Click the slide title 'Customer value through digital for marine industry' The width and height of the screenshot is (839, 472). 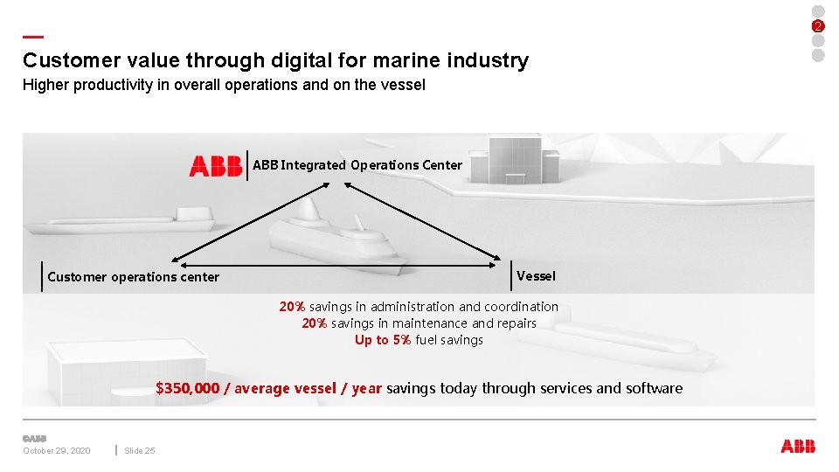pyautogui.click(x=275, y=60)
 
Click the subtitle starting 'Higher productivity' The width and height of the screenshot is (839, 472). pyautogui.click(x=224, y=86)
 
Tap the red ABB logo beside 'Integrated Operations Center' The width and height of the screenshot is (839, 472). pyautogui.click(x=215, y=165)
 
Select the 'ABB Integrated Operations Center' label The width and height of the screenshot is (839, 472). pyautogui.click(x=357, y=164)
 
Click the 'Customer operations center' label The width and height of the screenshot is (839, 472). pyautogui.click(x=133, y=277)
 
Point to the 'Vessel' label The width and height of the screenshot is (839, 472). pyautogui.click(x=536, y=276)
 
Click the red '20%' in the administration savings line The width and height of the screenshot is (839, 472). pyautogui.click(x=292, y=307)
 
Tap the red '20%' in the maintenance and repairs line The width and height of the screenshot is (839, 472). pyautogui.click(x=315, y=323)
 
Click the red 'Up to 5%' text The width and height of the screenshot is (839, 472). pyautogui.click(x=383, y=340)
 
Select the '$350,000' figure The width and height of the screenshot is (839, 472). pyautogui.click(x=187, y=388)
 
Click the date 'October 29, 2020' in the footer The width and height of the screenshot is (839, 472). pyautogui.click(x=56, y=450)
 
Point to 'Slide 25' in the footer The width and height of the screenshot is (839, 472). pyautogui.click(x=140, y=450)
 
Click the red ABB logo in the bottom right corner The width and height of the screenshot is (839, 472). pyautogui.click(x=797, y=446)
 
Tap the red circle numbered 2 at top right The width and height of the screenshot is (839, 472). pyautogui.click(x=818, y=25)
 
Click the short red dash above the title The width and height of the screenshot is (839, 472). pyautogui.click(x=33, y=37)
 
